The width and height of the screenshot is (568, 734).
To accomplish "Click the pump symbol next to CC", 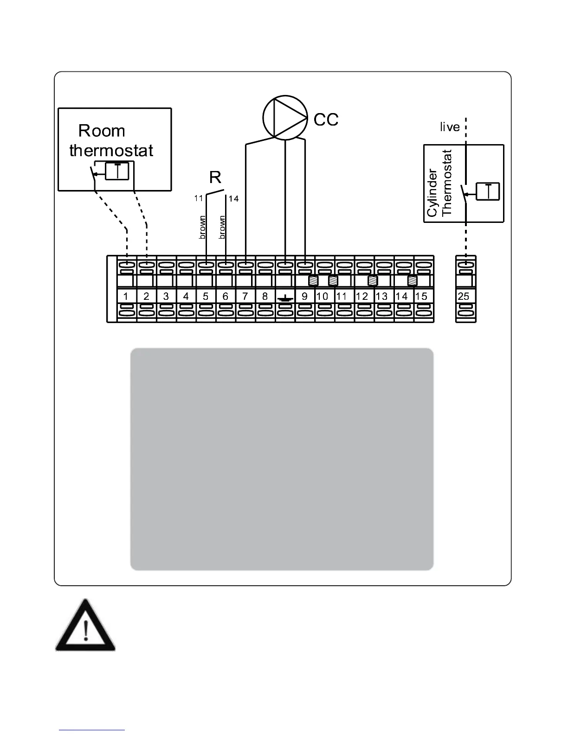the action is [x=285, y=117].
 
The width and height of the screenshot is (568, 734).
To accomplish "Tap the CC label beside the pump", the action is [x=326, y=120].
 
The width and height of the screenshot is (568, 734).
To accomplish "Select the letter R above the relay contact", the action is [x=215, y=177].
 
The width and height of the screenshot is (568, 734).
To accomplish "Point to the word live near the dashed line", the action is [x=450, y=127].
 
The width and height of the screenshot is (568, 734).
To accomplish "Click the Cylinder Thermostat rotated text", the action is [x=439, y=183].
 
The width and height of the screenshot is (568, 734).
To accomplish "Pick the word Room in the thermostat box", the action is [x=102, y=131].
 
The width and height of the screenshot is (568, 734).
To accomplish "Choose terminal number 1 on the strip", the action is [x=126, y=296].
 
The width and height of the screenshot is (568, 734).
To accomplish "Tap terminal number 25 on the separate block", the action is [x=464, y=296].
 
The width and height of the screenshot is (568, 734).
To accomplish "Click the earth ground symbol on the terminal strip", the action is [x=285, y=297].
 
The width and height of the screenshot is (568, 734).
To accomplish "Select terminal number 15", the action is [x=421, y=296].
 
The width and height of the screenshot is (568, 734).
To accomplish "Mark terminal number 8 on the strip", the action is [x=265, y=296].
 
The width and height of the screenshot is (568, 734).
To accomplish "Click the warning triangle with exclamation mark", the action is [x=85, y=626].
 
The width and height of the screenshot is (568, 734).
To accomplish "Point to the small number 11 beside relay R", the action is [x=199, y=198].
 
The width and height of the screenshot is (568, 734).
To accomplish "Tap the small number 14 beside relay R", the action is [x=233, y=199].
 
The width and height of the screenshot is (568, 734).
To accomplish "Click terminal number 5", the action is [x=206, y=296].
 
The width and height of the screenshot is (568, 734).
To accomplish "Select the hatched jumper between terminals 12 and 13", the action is [x=372, y=281].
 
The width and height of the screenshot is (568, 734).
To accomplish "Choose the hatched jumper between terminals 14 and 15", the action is [x=412, y=281].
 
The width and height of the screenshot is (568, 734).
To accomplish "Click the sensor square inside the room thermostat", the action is [x=120, y=171].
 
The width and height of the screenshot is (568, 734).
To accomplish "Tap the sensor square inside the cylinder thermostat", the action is [x=488, y=191].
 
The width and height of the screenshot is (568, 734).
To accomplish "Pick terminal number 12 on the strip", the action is [x=362, y=296].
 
